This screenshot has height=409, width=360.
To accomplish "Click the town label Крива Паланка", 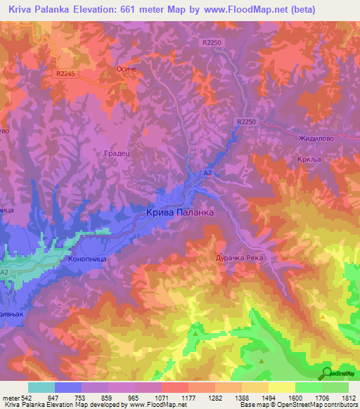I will [x=180, y=211].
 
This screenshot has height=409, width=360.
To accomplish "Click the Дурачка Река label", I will [x=238, y=258].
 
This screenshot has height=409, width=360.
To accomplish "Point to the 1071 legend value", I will [x=162, y=397].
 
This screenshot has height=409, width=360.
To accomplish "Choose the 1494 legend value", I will [x=269, y=397].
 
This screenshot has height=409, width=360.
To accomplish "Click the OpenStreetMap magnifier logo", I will [x=326, y=373].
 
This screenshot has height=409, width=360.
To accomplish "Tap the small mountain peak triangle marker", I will [x=261, y=361].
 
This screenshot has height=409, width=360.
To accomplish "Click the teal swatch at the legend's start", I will [x=41, y=387].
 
